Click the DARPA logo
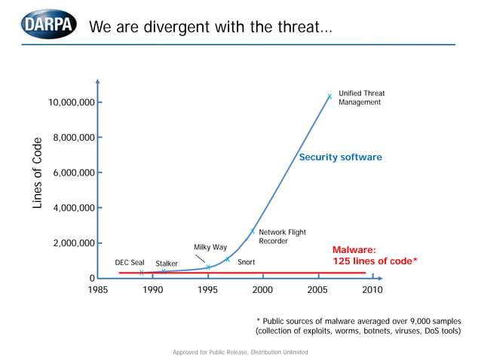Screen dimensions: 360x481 click(49, 26)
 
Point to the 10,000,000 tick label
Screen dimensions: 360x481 click(72, 102)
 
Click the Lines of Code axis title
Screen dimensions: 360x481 click(38, 173)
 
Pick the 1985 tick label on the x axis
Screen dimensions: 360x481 click(98, 289)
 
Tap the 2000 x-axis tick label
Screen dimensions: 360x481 click(262, 289)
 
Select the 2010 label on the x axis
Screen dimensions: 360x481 click(372, 289)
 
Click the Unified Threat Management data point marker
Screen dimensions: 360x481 click(329, 96)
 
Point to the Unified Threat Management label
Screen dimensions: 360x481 click(361, 98)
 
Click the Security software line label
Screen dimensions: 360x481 click(340, 157)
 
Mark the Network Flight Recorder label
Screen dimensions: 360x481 click(282, 236)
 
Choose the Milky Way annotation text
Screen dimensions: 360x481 click(210, 247)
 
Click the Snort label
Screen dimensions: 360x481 click(246, 262)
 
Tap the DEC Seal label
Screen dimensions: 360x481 click(130, 263)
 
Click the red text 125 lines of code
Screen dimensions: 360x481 click(375, 261)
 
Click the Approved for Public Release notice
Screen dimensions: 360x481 click(240, 352)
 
